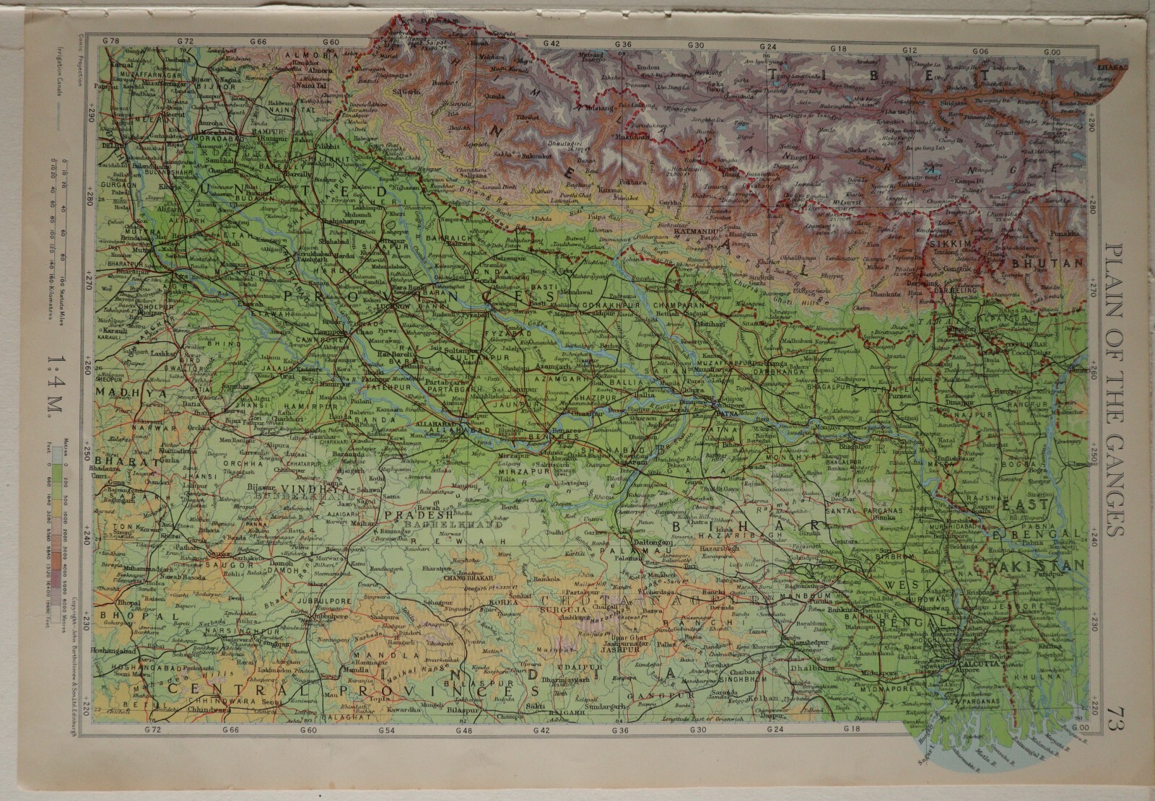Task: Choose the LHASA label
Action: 1111,67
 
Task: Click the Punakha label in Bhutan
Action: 1068,234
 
